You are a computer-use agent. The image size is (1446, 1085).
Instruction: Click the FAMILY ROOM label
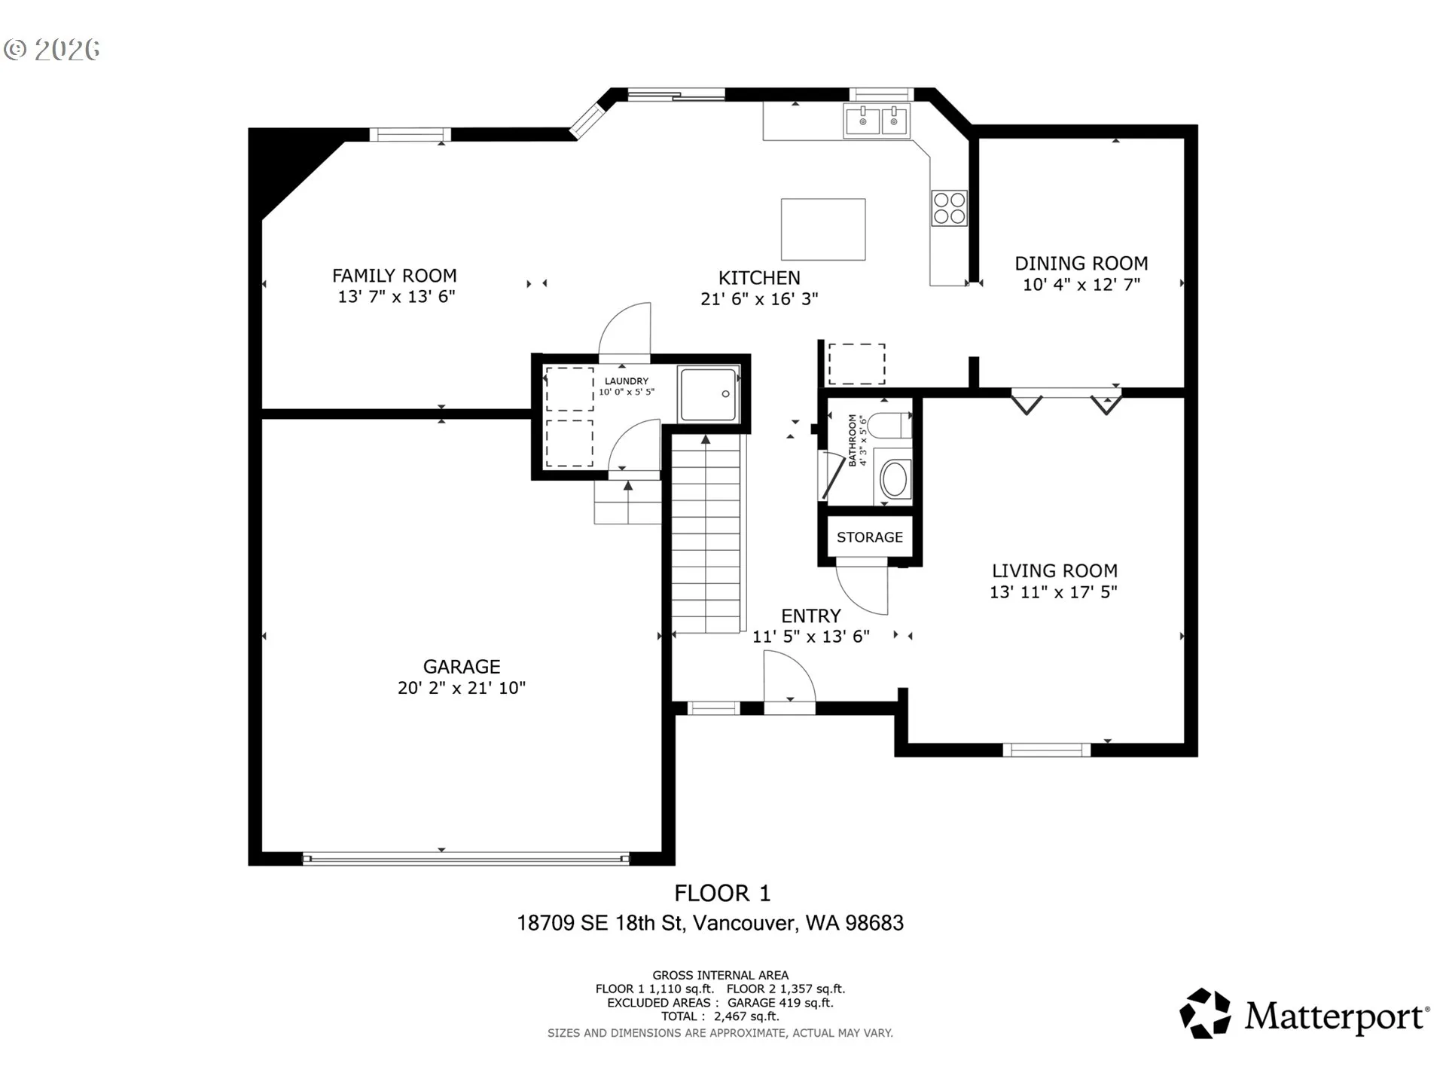(x=395, y=276)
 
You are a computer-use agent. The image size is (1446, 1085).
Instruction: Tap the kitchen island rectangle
(x=823, y=230)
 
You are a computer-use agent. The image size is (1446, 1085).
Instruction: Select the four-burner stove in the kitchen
(x=949, y=209)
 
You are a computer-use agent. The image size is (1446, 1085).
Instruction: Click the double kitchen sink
(x=877, y=121)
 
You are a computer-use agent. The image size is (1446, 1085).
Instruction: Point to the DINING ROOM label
(x=1081, y=264)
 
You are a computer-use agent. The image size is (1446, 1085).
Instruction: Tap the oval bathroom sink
(x=895, y=479)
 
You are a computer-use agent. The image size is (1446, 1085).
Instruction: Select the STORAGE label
(x=870, y=537)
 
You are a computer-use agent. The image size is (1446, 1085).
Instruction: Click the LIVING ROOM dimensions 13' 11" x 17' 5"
(x=1054, y=592)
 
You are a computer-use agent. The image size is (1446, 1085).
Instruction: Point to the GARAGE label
(x=462, y=667)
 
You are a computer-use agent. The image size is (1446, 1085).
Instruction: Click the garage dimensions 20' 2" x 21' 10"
(x=462, y=688)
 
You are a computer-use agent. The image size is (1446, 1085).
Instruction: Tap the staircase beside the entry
(x=706, y=534)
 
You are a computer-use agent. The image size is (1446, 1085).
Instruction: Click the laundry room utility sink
(x=708, y=394)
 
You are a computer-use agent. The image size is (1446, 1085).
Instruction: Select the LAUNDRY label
(x=627, y=381)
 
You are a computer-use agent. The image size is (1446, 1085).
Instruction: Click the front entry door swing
(x=789, y=677)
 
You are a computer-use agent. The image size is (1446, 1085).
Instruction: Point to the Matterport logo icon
(x=1205, y=1013)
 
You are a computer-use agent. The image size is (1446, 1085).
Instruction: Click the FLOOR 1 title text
(x=722, y=894)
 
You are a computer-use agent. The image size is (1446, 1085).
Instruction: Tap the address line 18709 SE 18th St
(x=600, y=923)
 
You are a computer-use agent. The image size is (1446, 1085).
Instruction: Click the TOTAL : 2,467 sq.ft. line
(x=720, y=1016)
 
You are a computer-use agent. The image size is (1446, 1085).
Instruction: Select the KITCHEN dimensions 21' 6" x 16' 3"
(x=759, y=299)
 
